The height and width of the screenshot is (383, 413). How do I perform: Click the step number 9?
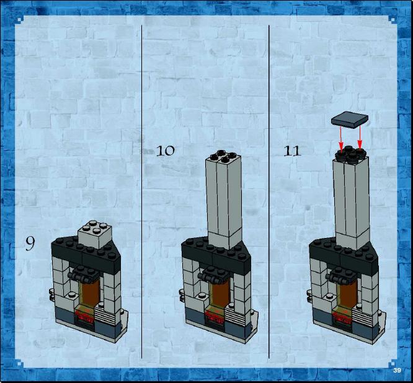click(30, 244)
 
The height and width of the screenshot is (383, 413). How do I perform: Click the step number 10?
click(166, 151)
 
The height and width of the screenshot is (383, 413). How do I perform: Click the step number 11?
click(292, 151)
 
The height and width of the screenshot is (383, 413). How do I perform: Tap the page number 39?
click(397, 371)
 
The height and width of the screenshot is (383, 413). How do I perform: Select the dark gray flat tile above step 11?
click(350, 120)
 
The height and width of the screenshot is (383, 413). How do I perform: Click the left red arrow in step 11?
click(340, 139)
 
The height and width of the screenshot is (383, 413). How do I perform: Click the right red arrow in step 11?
click(360, 138)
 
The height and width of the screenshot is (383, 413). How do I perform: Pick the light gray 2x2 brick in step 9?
click(95, 234)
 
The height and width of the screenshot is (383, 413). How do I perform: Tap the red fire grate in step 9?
click(85, 315)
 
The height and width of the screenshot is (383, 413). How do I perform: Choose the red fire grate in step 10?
click(215, 316)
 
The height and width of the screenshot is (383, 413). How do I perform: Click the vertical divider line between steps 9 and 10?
click(142, 191)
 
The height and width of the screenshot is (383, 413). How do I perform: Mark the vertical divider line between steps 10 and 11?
click(269, 191)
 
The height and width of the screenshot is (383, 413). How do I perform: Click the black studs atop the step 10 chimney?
click(223, 156)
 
